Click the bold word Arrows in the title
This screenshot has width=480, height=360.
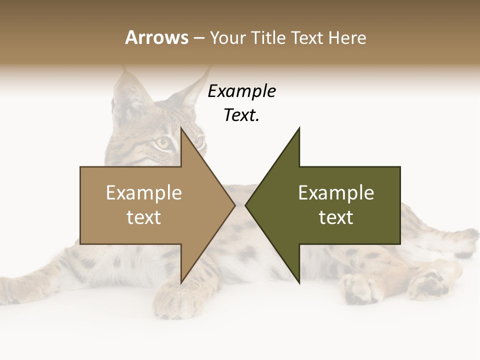click(x=156, y=37)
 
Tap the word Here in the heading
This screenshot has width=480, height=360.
click(x=347, y=38)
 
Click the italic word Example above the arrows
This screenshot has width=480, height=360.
click(x=242, y=91)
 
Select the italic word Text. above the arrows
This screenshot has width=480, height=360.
click(x=242, y=115)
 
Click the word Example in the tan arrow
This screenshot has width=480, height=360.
click(x=144, y=192)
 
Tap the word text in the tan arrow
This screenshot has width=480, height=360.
click(x=144, y=217)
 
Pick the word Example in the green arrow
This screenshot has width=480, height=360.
click(x=336, y=192)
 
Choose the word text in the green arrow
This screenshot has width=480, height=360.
click(x=336, y=217)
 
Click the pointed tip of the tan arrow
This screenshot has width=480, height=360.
click(x=235, y=205)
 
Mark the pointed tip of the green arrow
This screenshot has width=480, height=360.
click(x=245, y=205)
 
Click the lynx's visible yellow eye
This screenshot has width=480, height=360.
click(x=163, y=143)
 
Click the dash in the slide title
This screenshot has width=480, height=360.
click(x=198, y=38)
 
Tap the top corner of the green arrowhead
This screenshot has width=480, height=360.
click(x=299, y=128)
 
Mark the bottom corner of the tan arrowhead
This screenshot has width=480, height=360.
click(x=181, y=283)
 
